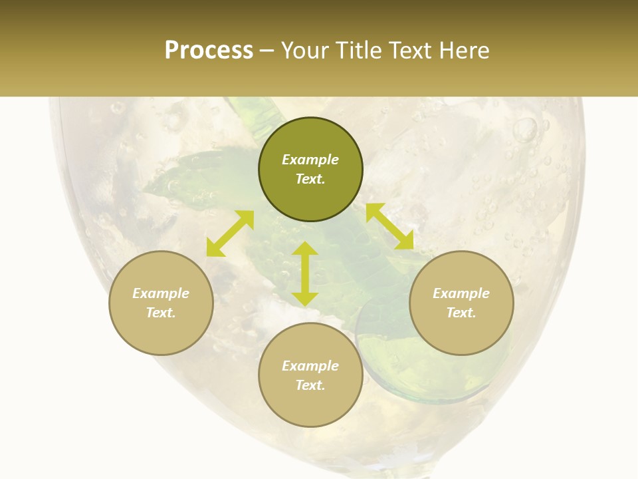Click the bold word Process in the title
pyautogui.click(x=209, y=51)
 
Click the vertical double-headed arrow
pyautogui.click(x=305, y=273)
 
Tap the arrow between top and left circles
pyautogui.click(x=230, y=233)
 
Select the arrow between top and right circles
pyautogui.click(x=389, y=226)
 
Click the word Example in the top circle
pyautogui.click(x=310, y=160)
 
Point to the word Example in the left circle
pyautogui.click(x=161, y=293)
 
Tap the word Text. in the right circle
pyautogui.click(x=461, y=313)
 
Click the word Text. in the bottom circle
pyautogui.click(x=310, y=385)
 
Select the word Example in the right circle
pyautogui.click(x=461, y=293)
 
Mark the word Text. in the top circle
pyautogui.click(x=310, y=179)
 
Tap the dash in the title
pyautogui.click(x=267, y=51)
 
